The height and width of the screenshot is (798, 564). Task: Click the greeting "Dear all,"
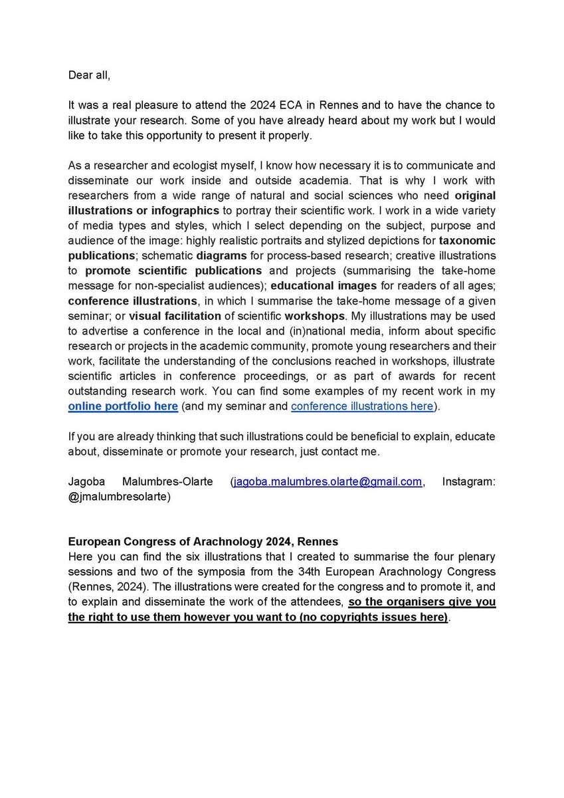tap(89, 75)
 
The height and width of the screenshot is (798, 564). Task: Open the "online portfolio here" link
tap(123, 406)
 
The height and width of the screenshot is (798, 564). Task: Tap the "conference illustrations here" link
tap(362, 406)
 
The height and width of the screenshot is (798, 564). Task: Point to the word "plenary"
tap(477, 557)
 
